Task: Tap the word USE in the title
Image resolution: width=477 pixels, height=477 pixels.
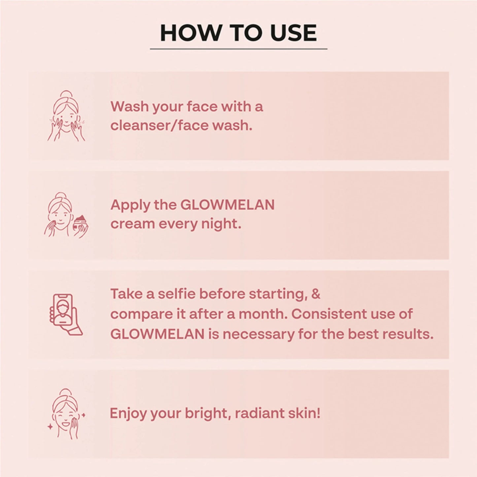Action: (x=293, y=33)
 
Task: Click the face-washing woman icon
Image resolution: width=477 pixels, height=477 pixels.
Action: (x=66, y=116)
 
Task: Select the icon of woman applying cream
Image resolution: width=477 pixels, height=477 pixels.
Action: (x=66, y=215)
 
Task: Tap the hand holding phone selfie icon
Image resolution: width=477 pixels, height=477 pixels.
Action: (x=66, y=314)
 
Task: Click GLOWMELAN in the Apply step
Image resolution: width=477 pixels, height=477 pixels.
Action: (x=227, y=205)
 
